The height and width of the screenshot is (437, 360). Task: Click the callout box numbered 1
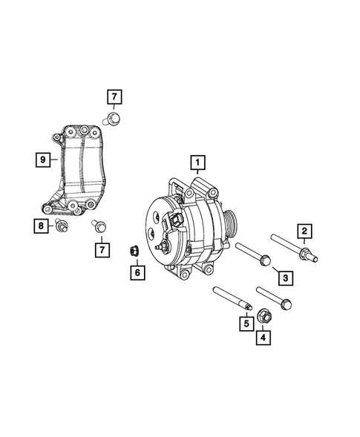(x=197, y=161)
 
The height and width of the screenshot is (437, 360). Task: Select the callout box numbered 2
(x=304, y=230)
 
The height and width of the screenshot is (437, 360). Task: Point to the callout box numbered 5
(x=243, y=323)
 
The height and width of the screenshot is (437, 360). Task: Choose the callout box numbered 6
(x=137, y=272)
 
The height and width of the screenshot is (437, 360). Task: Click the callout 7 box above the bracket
(x=114, y=96)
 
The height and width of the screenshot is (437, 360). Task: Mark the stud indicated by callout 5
(x=232, y=298)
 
